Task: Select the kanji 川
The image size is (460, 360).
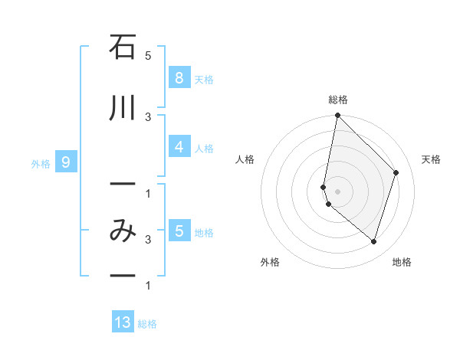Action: click(x=123, y=109)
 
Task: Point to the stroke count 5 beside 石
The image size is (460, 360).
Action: click(x=148, y=56)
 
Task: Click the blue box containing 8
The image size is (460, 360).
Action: click(x=179, y=77)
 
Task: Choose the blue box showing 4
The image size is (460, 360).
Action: click(x=179, y=147)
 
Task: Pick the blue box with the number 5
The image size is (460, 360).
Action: click(x=179, y=231)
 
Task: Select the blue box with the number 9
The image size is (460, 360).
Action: click(x=66, y=162)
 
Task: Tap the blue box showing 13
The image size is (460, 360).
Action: click(x=123, y=322)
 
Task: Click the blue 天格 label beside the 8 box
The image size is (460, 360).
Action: click(x=204, y=79)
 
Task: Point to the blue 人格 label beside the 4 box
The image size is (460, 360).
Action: click(x=204, y=149)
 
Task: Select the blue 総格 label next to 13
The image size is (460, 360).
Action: click(x=147, y=324)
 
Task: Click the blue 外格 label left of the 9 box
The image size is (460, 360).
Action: click(x=41, y=163)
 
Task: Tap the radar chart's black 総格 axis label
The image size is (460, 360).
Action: click(x=338, y=100)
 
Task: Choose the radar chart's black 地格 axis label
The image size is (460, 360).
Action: click(x=402, y=262)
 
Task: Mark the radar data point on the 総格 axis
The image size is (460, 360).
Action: click(x=337, y=116)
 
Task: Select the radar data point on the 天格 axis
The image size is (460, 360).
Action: click(x=396, y=172)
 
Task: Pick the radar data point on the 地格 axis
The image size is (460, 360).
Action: click(x=373, y=241)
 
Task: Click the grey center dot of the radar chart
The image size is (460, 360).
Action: click(x=337, y=191)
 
